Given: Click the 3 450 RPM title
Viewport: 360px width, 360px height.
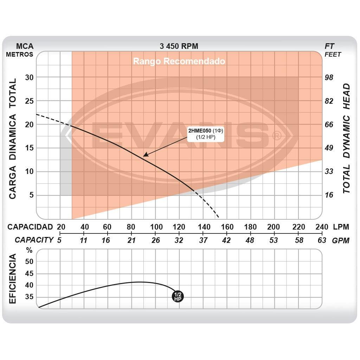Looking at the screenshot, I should pyautogui.click(x=179, y=46).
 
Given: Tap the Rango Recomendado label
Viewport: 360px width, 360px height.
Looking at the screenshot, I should pyautogui.click(x=179, y=61).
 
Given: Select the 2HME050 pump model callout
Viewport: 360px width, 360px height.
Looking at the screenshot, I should pyautogui.click(x=206, y=134).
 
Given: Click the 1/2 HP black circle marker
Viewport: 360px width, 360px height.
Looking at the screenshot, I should pyautogui.click(x=178, y=296).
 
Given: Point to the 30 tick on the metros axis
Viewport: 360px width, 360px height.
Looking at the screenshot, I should pyautogui.click(x=29, y=77).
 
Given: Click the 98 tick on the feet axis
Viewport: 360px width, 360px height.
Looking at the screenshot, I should pyautogui.click(x=329, y=77).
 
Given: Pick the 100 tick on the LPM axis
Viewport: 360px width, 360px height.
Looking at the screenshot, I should pyautogui.click(x=156, y=227).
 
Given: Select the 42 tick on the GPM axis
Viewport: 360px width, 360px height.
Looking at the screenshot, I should pyautogui.click(x=226, y=240).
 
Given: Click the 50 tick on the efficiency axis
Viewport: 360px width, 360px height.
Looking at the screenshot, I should pyautogui.click(x=29, y=262).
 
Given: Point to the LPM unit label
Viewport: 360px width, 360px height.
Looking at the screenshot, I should pyautogui.click(x=341, y=227).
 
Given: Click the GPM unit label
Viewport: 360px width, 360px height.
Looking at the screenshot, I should pyautogui.click(x=341, y=240).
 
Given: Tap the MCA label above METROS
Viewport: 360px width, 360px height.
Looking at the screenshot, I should pyautogui.click(x=25, y=46).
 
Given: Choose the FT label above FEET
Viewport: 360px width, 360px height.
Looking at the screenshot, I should pyautogui.click(x=329, y=46).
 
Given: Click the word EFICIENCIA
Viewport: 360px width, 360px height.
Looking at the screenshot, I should pyautogui.click(x=13, y=279).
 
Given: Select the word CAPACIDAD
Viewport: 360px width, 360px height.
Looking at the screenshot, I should pyautogui.click(x=30, y=227).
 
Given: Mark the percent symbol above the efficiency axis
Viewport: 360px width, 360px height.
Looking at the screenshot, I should pyautogui.click(x=29, y=250).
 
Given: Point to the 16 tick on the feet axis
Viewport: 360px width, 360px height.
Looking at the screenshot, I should pyautogui.click(x=329, y=195).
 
